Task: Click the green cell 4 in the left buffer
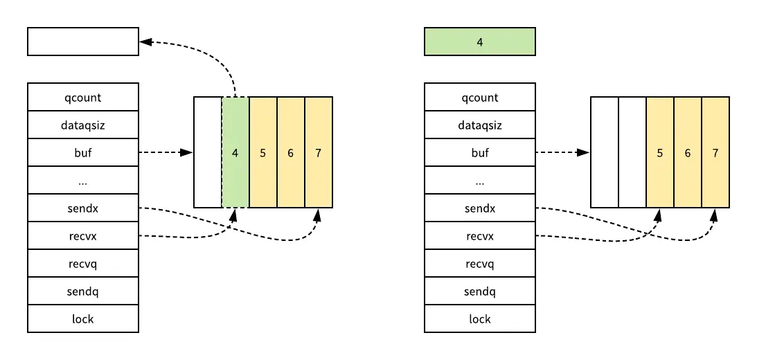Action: (235, 152)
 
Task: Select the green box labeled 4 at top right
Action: (479, 42)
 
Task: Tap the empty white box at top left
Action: (83, 42)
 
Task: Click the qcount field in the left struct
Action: (83, 97)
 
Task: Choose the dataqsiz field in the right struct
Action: (479, 125)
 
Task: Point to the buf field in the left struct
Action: (83, 152)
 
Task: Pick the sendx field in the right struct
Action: (479, 208)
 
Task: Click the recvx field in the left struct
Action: (83, 235)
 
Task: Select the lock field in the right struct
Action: (479, 318)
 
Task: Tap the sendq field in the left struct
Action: (83, 291)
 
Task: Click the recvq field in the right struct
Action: (479, 263)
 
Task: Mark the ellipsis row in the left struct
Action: (83, 181)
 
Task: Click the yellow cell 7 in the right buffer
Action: (715, 152)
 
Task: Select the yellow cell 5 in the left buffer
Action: (263, 152)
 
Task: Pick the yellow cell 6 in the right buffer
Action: (688, 152)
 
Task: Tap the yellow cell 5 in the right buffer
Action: (660, 152)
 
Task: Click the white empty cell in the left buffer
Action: (208, 152)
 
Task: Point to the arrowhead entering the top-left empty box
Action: (145, 42)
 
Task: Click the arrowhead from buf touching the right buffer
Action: (585, 152)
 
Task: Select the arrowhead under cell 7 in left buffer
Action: (317, 215)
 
